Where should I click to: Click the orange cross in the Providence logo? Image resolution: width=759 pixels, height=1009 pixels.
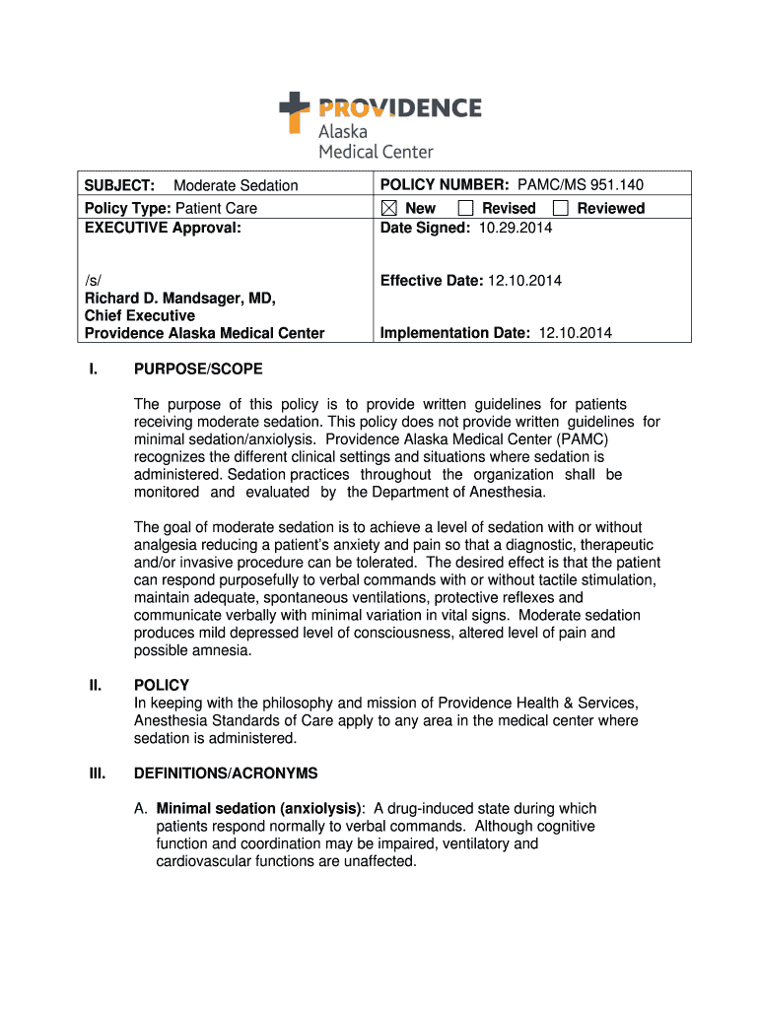294,111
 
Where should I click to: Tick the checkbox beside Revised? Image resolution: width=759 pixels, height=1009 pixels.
465,208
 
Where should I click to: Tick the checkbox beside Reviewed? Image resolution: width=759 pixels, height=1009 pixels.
560,208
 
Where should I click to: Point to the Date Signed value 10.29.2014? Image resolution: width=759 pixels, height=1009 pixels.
516,228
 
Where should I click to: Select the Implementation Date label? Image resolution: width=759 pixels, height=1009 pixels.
455,333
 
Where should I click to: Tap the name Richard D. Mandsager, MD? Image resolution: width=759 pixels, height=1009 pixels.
180,299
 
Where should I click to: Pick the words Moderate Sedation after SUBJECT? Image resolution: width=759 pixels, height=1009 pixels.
236,185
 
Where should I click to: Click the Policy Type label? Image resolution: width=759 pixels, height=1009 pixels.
128,208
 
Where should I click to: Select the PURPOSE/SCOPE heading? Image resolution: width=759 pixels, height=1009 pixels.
198,370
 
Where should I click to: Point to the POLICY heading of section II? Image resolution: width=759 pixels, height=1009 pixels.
162,686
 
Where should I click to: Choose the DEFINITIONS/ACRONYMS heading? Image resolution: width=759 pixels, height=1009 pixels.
226,774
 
